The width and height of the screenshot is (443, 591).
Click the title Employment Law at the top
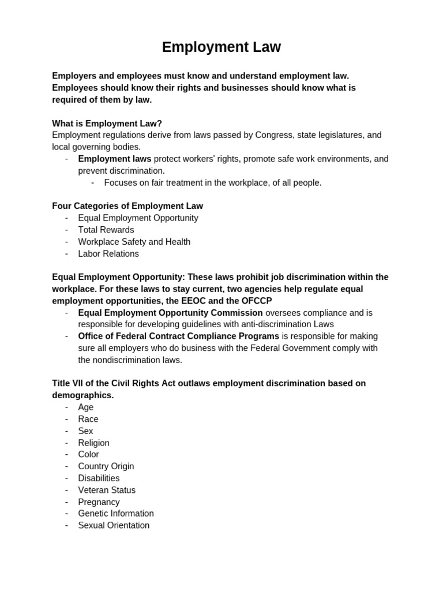pyautogui.click(x=221, y=47)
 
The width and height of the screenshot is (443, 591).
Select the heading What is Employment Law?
pyautogui.click(x=107, y=123)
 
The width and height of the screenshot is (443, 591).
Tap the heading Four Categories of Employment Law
pyautogui.click(x=127, y=206)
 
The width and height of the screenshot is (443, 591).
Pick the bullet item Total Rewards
pyautogui.click(x=106, y=230)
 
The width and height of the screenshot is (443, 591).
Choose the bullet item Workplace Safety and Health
pyautogui.click(x=134, y=242)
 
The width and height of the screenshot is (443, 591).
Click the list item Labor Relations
pyautogui.click(x=108, y=253)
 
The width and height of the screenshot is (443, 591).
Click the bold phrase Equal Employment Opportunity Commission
pyautogui.click(x=170, y=313)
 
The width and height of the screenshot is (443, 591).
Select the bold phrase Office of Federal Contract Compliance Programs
pyautogui.click(x=178, y=336)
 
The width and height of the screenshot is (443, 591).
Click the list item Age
pyautogui.click(x=86, y=407)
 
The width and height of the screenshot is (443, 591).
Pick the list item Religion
pyautogui.click(x=93, y=443)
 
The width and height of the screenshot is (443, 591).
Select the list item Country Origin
pyautogui.click(x=106, y=466)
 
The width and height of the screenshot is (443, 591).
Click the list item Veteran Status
pyautogui.click(x=107, y=490)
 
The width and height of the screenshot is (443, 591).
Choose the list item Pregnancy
pyautogui.click(x=99, y=502)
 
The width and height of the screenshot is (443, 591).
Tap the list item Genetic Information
pyautogui.click(x=116, y=514)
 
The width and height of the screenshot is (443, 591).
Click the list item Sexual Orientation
pyautogui.click(x=114, y=525)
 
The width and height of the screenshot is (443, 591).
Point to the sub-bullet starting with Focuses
pyautogui.click(x=212, y=182)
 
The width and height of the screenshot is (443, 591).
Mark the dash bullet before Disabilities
pyautogui.click(x=67, y=478)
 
